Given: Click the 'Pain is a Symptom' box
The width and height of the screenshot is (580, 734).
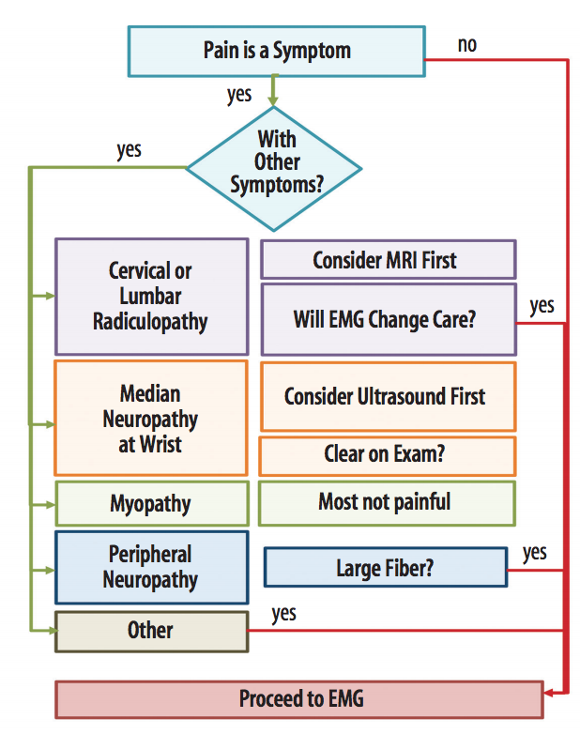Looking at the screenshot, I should (x=277, y=51).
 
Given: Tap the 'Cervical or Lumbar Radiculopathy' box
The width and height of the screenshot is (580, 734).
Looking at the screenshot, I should (x=151, y=296).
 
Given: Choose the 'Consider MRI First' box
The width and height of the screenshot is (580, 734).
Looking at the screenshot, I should (x=388, y=260).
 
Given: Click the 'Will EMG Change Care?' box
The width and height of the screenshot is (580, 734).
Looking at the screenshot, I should (x=388, y=319).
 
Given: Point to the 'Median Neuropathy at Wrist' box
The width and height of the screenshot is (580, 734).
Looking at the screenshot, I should (x=151, y=418).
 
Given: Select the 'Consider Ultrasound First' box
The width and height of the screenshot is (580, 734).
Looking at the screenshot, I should (x=388, y=396).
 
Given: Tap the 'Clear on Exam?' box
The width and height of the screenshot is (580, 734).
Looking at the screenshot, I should (x=388, y=455).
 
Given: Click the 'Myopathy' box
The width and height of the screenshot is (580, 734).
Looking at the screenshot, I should (x=151, y=504).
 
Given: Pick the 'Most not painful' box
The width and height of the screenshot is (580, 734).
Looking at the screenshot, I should (x=387, y=502).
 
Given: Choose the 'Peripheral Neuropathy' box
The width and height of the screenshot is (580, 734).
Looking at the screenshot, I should (x=151, y=567).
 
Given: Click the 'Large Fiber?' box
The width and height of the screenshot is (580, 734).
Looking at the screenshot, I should (x=385, y=568).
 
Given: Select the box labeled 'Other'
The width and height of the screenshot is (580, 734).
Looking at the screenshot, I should (x=151, y=631).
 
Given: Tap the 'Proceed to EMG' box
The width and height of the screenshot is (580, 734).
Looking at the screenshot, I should (x=299, y=699).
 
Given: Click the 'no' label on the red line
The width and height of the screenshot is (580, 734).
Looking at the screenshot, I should (x=466, y=45).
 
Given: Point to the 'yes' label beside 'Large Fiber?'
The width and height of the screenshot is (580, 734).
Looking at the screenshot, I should (x=534, y=553).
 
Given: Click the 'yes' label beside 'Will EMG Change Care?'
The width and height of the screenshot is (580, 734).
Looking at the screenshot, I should (x=542, y=306).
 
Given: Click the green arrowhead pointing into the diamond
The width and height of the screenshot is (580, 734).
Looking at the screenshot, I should (x=273, y=99).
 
